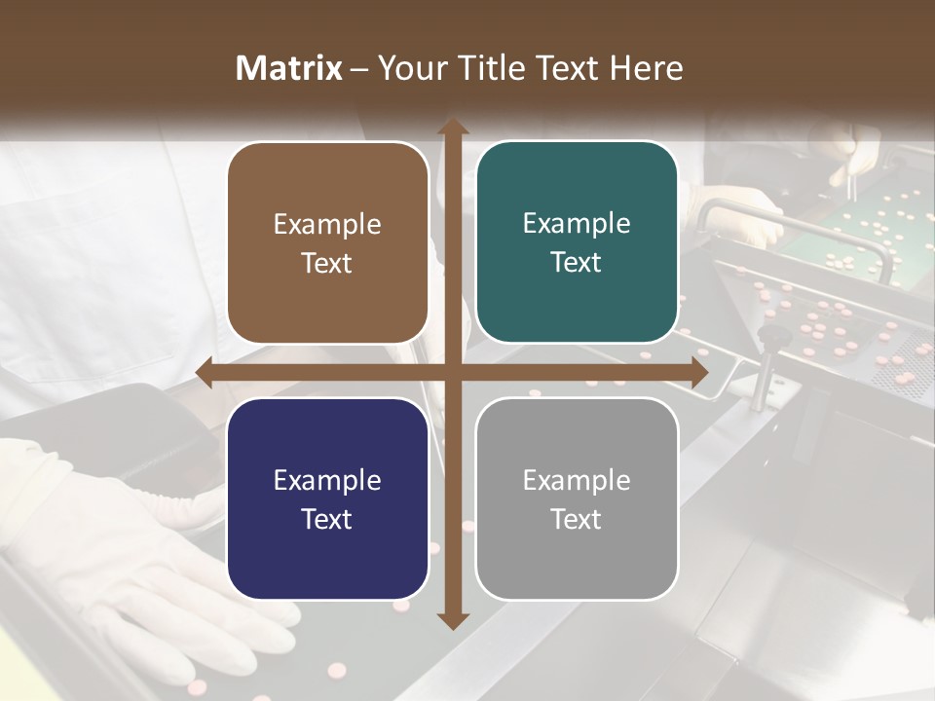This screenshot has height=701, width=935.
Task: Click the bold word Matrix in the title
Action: coord(289,68)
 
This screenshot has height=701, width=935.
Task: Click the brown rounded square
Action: coord(327,243)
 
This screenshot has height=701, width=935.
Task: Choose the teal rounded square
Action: coord(577,242)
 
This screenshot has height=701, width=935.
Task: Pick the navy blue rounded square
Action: coord(327,498)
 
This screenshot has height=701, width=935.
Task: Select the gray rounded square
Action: coord(577,498)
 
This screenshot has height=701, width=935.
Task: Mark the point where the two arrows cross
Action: coord(452,373)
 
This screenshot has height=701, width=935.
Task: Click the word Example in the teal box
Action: coord(577,224)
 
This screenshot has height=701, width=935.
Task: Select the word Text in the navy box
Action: coord(327,519)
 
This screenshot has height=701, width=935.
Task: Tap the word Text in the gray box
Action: coord(577,519)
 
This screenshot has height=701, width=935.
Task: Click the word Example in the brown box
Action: coord(327,225)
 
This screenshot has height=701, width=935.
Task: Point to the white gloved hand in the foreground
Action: coord(117,545)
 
